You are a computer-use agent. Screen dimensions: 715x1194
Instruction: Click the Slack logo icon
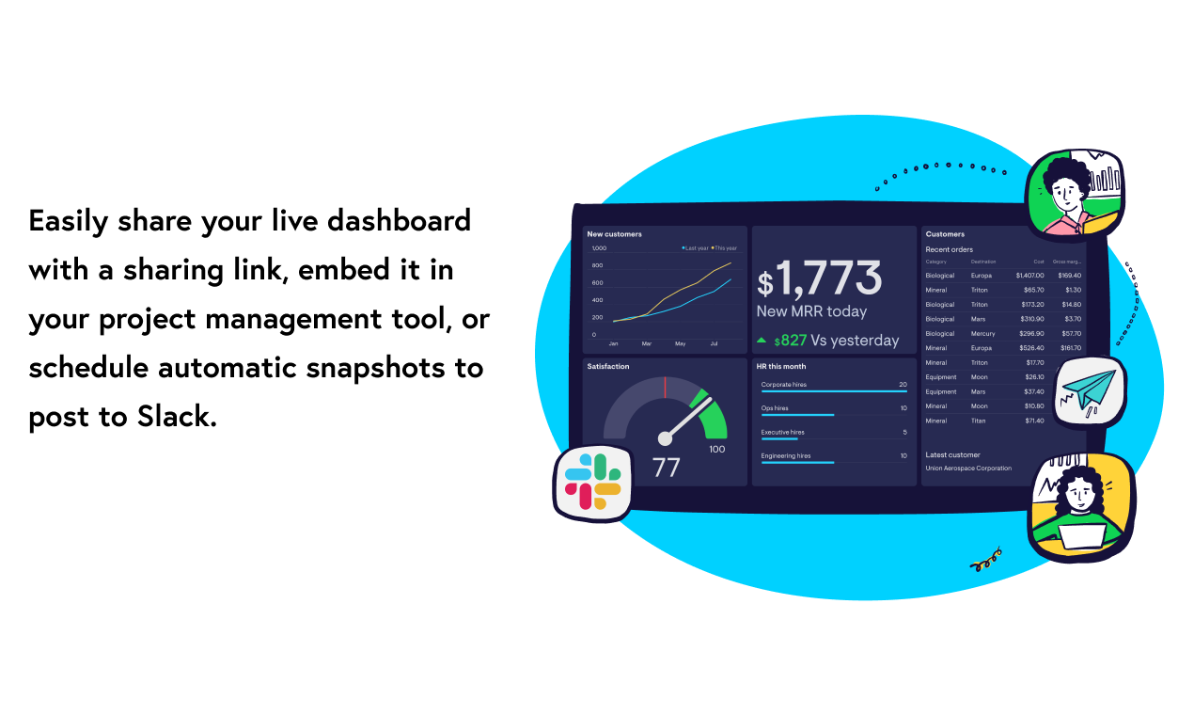(x=592, y=481)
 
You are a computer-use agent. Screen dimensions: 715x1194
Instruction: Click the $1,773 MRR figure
(x=820, y=279)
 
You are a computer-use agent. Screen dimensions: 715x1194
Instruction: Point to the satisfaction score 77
(x=666, y=467)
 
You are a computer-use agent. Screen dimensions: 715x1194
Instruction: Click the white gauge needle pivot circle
(x=666, y=437)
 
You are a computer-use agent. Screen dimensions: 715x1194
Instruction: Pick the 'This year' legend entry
(x=725, y=248)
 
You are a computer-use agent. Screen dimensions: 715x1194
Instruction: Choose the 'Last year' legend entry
(x=696, y=248)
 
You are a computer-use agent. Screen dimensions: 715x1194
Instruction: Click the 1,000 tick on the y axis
(x=599, y=248)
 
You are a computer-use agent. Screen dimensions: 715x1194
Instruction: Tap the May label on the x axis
(x=680, y=344)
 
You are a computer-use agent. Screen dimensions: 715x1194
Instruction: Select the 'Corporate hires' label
(x=784, y=385)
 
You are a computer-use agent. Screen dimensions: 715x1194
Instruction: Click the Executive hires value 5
(x=904, y=433)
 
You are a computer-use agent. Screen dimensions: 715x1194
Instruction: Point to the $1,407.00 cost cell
(x=1029, y=276)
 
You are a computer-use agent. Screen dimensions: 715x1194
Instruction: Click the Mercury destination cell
(x=983, y=334)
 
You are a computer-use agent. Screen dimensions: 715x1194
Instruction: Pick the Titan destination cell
(x=980, y=421)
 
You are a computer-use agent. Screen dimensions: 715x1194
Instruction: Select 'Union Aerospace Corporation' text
(x=968, y=469)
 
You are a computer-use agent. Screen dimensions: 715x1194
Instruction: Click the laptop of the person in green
(x=1081, y=532)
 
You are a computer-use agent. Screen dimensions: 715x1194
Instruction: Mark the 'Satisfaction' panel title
(x=608, y=367)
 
